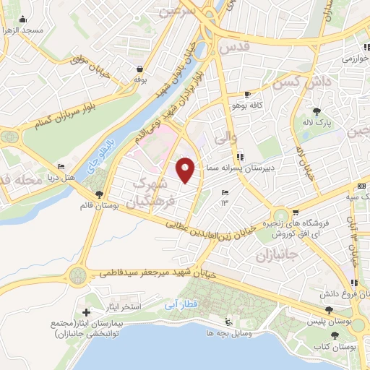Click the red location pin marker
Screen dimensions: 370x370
pyautogui.click(x=186, y=169)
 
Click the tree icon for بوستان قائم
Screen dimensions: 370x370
pyautogui.click(x=99, y=194)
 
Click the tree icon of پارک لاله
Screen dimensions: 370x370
pyautogui.click(x=317, y=111)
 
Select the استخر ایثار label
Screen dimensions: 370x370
pyautogui.click(x=130, y=306)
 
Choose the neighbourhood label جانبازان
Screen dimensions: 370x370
pyautogui.click(x=272, y=257)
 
